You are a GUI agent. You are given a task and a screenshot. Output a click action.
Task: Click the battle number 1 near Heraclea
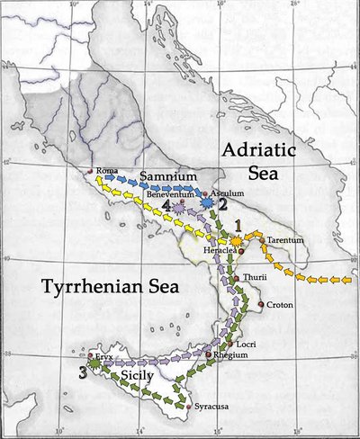[238, 224]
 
